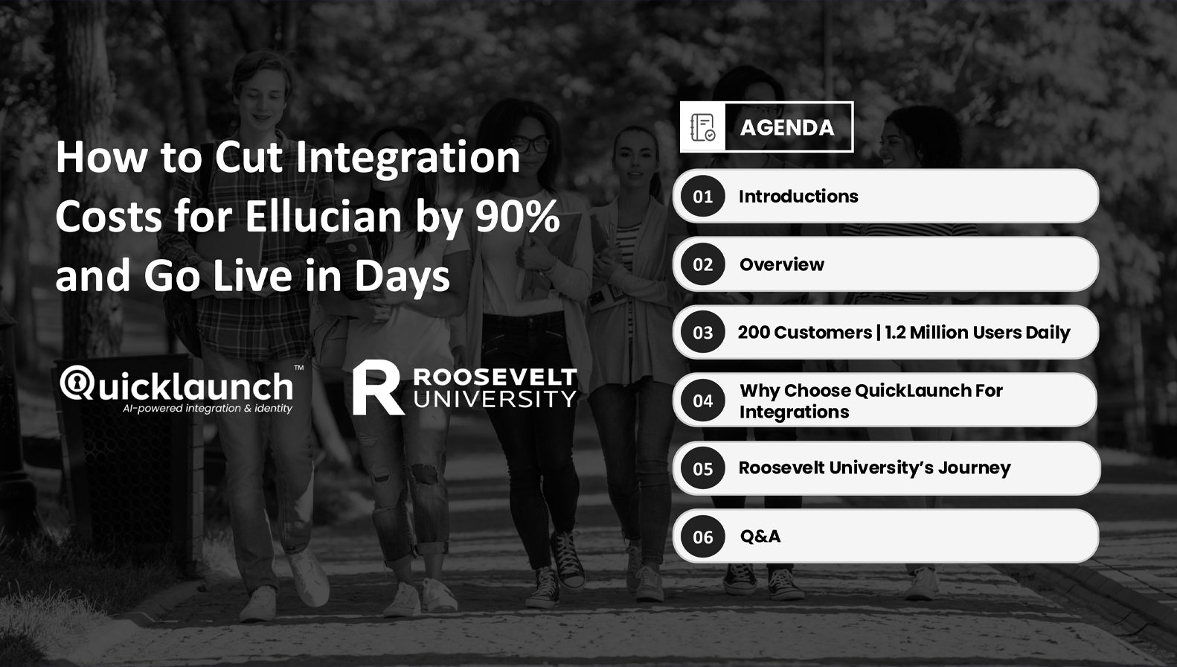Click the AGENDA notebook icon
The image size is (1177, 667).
(x=702, y=127)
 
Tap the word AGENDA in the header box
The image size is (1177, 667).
(x=787, y=128)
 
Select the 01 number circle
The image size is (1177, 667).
(x=703, y=197)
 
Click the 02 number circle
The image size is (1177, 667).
(x=703, y=264)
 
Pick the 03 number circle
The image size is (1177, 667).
(x=703, y=332)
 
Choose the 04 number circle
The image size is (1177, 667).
(x=703, y=400)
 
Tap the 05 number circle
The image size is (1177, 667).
(x=703, y=468)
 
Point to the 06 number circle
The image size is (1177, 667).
(x=703, y=537)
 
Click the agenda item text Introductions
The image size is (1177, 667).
(x=798, y=197)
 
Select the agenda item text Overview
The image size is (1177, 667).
(x=782, y=264)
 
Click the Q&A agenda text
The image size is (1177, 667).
(x=760, y=536)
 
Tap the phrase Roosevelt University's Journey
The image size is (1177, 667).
(x=874, y=467)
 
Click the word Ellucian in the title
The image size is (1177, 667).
(x=324, y=216)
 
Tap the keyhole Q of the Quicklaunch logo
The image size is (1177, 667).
(x=78, y=383)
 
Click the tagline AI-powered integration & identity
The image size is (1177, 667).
(x=208, y=409)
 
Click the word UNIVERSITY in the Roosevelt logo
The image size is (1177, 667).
(x=496, y=399)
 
